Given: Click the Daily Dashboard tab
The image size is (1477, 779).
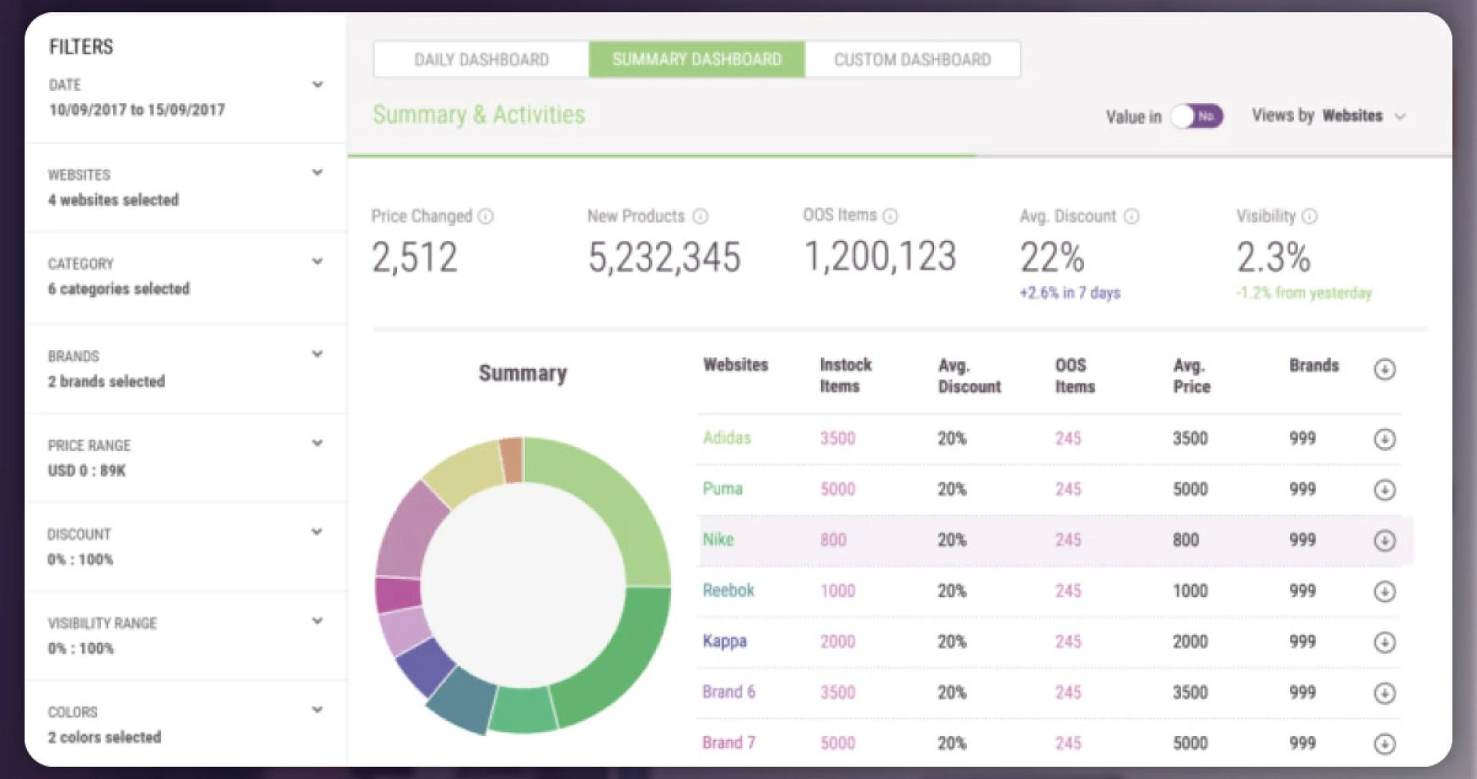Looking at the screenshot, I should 482,60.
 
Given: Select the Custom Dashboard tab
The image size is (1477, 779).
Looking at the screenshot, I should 912,60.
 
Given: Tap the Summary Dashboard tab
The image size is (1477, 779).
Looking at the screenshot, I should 697,60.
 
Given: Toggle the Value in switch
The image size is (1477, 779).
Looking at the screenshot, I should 1197,116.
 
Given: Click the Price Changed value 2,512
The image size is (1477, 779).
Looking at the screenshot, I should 415,257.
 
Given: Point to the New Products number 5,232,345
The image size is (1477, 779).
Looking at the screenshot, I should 664,257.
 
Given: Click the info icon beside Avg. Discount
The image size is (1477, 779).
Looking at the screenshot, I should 1132,216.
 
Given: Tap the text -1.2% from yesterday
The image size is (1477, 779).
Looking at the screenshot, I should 1304,293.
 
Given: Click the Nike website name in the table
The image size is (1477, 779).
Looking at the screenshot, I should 718,540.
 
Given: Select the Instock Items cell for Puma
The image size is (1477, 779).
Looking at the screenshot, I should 837,490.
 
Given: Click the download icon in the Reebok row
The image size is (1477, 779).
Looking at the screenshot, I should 1384,591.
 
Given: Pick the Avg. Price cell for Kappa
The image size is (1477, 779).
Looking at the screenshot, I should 1189,642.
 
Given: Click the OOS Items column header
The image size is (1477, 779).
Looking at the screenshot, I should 1074,376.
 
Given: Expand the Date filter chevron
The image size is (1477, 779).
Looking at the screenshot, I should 317,84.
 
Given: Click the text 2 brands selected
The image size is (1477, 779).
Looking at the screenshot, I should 106,382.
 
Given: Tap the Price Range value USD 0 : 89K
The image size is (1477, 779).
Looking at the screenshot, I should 87,470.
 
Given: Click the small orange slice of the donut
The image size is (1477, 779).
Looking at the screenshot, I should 512,459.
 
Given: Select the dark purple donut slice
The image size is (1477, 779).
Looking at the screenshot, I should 425,667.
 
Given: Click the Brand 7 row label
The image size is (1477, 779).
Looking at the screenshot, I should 728,743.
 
